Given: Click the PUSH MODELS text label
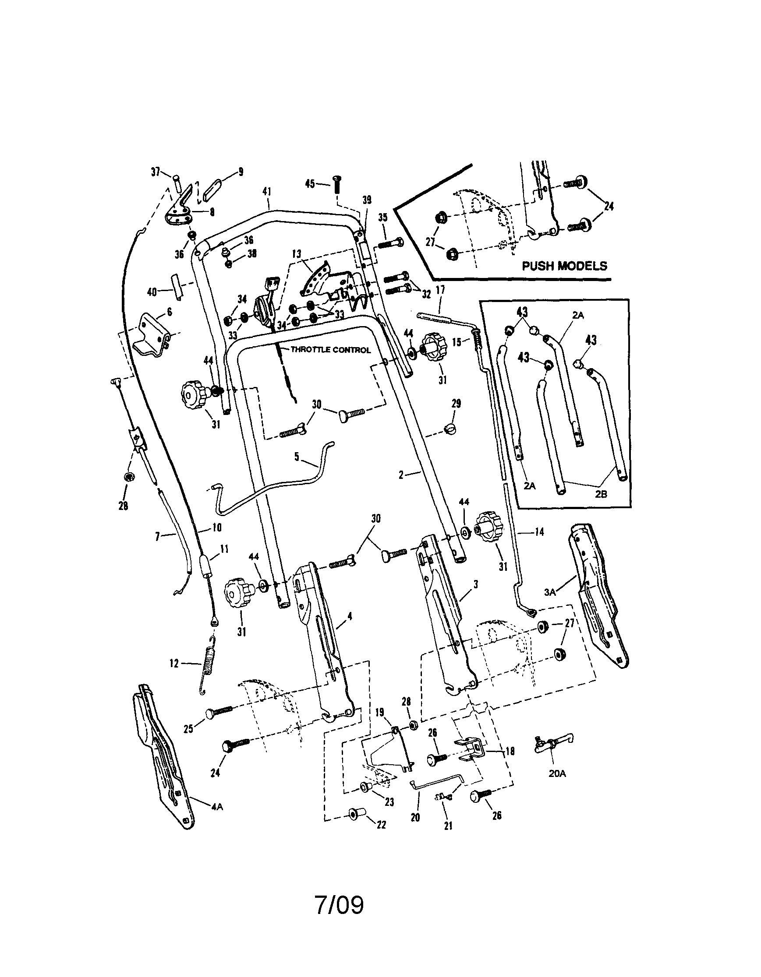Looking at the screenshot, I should coord(564,266).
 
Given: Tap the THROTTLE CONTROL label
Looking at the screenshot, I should coord(331,350).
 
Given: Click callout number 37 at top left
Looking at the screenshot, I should coord(156,172).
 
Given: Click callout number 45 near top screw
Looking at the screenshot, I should coord(310,183).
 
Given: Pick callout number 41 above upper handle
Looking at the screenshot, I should coord(267,191).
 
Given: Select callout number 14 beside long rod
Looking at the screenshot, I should coord(539,532).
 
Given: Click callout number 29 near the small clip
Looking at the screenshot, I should coord(456,404).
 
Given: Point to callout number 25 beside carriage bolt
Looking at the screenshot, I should coord(188,729).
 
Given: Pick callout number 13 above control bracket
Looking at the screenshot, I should coord(296,254).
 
